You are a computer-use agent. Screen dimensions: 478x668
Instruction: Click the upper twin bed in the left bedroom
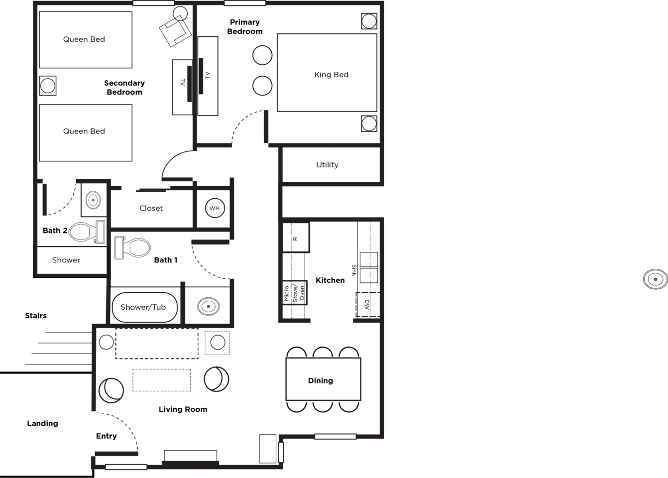[86, 39]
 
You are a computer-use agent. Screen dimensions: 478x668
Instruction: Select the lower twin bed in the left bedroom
[86, 133]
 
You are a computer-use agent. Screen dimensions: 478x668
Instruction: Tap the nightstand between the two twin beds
[48, 86]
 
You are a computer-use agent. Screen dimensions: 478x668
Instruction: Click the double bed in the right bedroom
[326, 72]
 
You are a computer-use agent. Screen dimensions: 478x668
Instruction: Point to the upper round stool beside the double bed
[262, 55]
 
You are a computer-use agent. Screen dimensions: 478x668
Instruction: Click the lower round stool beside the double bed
[262, 86]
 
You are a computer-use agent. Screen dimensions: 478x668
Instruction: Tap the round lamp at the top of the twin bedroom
[180, 13]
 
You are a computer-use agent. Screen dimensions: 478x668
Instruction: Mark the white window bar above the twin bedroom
[153, 3]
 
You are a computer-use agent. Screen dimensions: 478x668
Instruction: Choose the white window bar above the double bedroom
[245, 3]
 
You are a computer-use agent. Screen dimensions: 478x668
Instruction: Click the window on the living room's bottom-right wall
[335, 437]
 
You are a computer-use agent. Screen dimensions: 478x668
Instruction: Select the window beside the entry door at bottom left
[126, 467]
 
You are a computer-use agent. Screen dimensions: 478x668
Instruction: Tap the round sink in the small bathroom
[215, 208]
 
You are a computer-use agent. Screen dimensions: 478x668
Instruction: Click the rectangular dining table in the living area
[323, 379]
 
